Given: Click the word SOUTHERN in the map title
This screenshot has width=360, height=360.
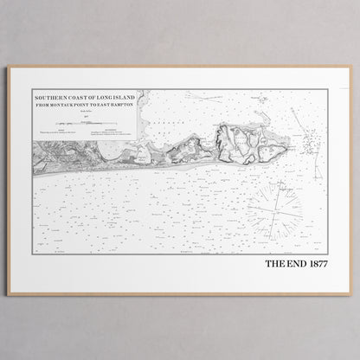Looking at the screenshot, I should pyautogui.click(x=48, y=98).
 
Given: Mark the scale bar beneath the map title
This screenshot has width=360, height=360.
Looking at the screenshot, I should pyautogui.click(x=96, y=124).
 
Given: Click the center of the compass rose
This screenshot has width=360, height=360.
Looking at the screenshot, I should pyautogui.click(x=274, y=209).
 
